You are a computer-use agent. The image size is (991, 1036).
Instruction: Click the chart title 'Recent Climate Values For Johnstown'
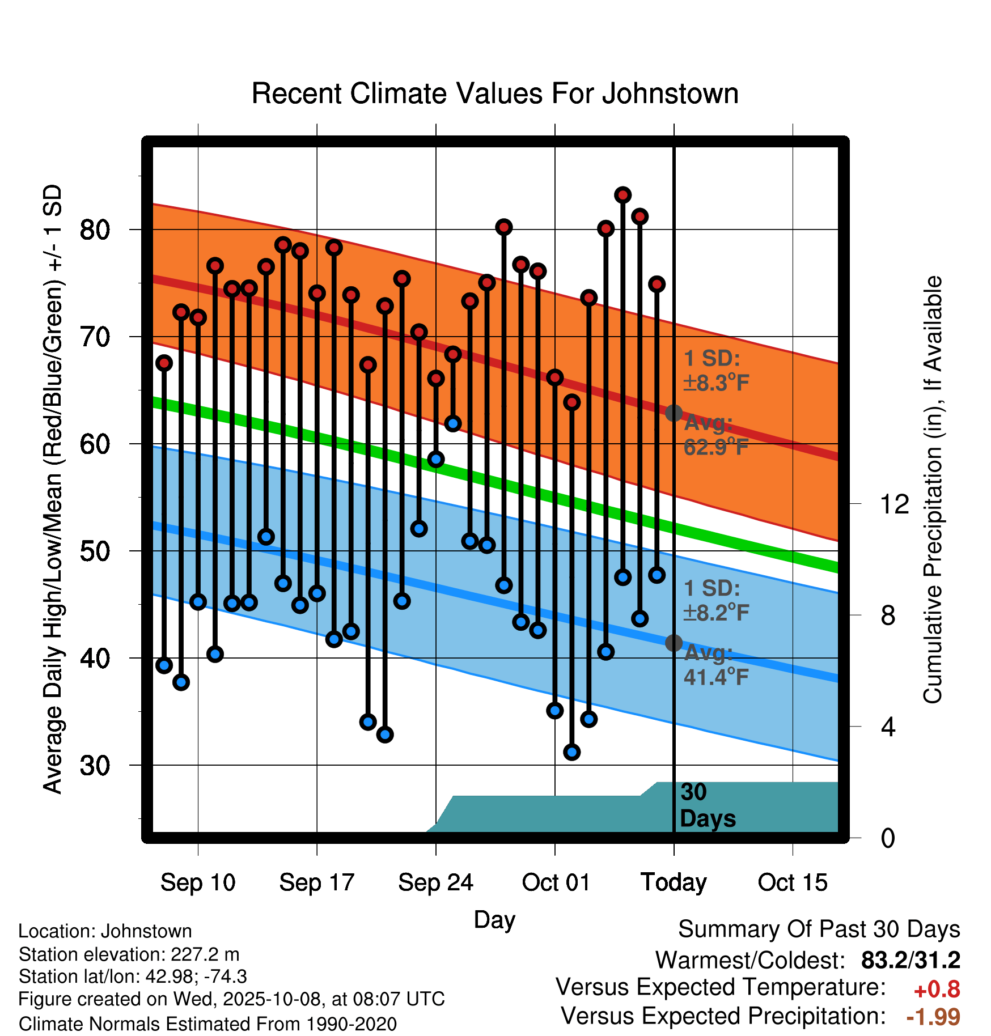click(495, 94)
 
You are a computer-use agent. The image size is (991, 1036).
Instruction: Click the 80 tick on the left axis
click(95, 230)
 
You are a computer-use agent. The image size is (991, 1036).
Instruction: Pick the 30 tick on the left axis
click(95, 766)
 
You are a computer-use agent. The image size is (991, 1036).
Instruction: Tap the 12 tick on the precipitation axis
click(894, 504)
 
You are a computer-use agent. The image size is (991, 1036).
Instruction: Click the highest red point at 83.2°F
click(622, 195)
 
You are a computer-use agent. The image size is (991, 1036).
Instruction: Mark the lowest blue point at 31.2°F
click(571, 752)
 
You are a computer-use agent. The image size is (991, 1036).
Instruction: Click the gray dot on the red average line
click(674, 413)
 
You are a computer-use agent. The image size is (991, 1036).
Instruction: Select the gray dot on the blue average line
click(674, 643)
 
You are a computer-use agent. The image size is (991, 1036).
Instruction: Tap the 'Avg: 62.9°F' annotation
click(715, 435)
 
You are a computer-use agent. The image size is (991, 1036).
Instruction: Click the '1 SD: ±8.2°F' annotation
click(715, 600)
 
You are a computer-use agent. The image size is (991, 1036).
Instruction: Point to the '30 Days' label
click(706, 805)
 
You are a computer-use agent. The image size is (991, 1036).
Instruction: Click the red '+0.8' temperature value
click(937, 990)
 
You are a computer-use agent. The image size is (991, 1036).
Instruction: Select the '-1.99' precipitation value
click(933, 1017)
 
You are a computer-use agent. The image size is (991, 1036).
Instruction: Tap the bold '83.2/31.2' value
click(910, 960)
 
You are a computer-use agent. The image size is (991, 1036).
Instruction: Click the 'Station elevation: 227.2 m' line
click(129, 954)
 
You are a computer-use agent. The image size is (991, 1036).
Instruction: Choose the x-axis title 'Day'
click(494, 919)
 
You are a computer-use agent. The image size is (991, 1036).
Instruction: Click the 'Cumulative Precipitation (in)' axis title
click(932, 490)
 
